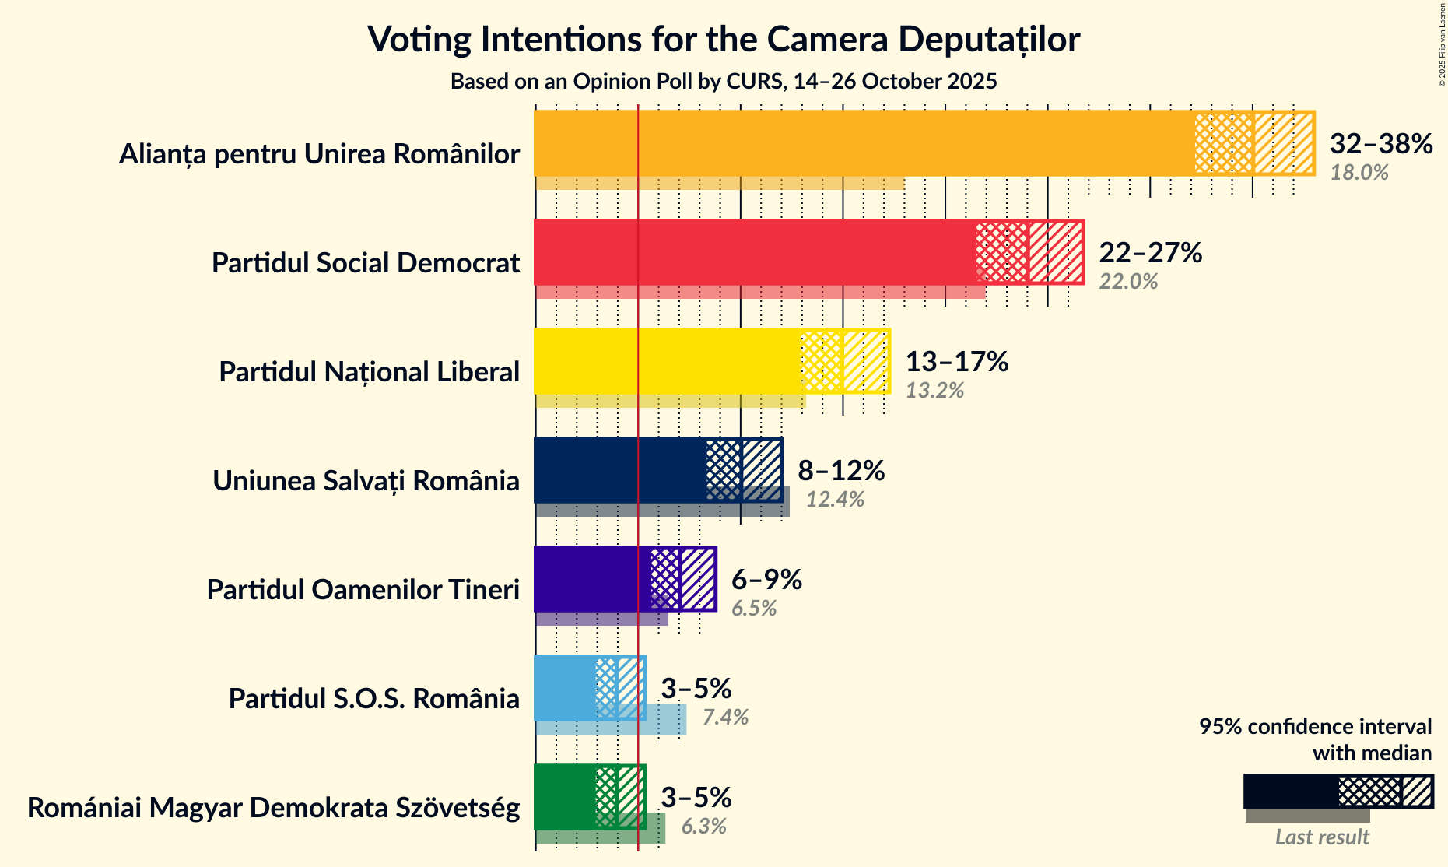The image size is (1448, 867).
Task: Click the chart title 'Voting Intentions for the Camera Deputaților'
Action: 724,39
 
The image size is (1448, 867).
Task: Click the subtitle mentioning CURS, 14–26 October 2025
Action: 724,82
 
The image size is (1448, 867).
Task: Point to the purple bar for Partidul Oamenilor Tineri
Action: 592,579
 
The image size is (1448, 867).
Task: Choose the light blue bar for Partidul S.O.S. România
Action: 565,688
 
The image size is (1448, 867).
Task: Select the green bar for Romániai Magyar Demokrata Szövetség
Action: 565,797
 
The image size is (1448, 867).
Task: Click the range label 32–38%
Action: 1380,144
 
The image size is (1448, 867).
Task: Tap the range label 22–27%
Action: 1150,253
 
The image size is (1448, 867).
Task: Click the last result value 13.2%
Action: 934,390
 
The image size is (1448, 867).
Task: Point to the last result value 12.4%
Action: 835,499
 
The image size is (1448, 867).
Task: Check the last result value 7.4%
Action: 725,717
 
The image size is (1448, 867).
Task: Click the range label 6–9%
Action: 766,580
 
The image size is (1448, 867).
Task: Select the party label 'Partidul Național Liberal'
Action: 369,372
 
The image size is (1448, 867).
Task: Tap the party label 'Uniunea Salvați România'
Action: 366,481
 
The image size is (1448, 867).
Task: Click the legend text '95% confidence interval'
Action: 1315,726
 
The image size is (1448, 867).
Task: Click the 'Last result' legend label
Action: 1321,837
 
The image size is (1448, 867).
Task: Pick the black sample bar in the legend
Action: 1290,792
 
